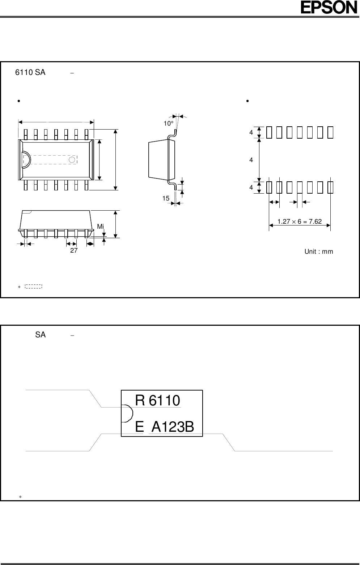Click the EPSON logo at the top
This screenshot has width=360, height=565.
329,8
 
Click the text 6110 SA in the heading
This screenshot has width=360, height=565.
30,72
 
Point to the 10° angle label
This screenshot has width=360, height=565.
168,123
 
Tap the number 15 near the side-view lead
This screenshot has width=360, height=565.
166,198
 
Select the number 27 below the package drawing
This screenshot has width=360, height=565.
73,250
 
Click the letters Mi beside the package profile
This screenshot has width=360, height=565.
100,227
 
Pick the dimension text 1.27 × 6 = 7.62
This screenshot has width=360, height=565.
299,222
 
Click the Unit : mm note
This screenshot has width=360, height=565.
318,252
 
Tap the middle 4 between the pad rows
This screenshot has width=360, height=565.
251,160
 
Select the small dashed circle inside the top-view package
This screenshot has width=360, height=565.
72,160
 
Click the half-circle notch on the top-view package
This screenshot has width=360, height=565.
26,160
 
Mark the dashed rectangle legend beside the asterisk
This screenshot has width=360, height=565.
34,287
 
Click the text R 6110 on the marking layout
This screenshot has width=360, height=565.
157,401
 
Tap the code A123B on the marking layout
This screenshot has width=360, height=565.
173,427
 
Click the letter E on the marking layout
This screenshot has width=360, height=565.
139,427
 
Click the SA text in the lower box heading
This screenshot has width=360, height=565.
41,335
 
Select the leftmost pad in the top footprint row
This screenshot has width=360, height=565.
269,133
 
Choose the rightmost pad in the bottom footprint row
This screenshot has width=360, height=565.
330,187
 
